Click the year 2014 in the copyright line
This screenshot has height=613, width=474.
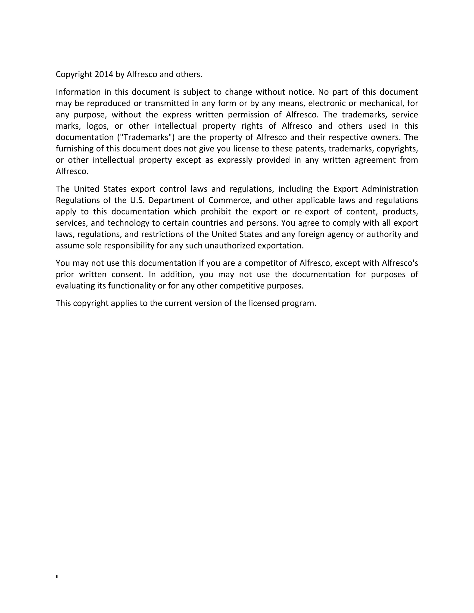click(104, 74)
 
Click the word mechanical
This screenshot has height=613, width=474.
click(380, 103)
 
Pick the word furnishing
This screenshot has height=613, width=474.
click(75, 149)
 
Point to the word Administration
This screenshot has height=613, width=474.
click(390, 189)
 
